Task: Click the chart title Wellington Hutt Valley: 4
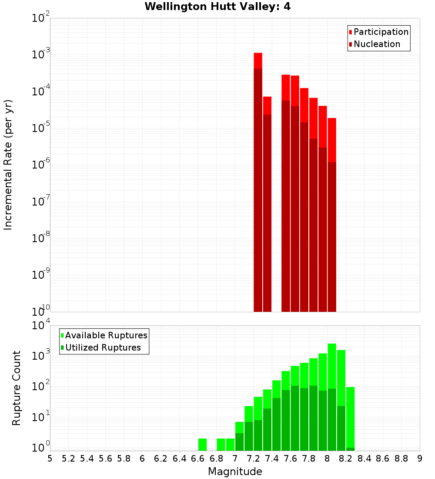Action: tap(221, 7)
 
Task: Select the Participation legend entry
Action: tap(381, 32)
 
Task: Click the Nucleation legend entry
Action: tap(377, 44)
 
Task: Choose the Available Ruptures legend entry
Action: tap(106, 335)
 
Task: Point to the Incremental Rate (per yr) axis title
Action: tap(8, 165)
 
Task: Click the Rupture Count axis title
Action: tap(17, 388)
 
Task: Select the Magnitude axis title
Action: tap(235, 472)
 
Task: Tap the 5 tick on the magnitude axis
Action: tap(50, 459)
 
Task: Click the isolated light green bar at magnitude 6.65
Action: tap(202, 444)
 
